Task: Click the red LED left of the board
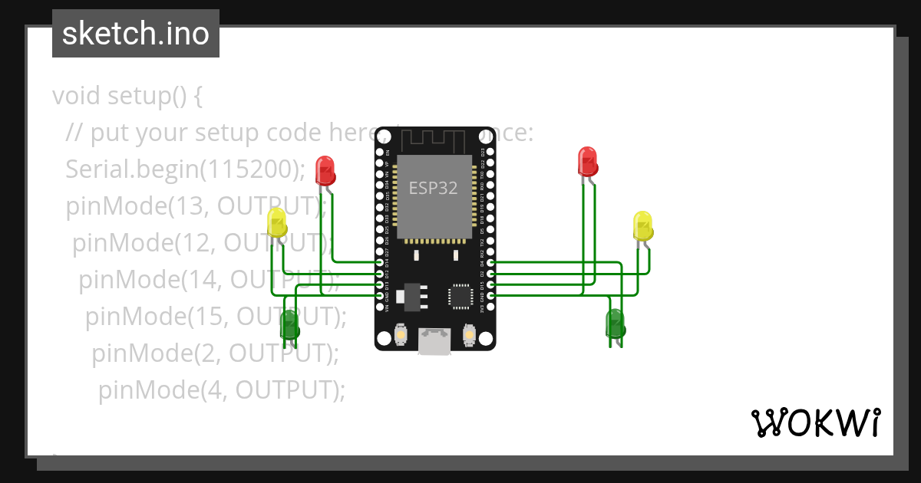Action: pos(325,170)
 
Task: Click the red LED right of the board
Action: pos(588,161)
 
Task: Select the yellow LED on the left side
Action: pos(277,222)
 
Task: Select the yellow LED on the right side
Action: pos(643,226)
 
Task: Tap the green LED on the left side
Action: pos(289,325)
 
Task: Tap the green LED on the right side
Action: pos(616,324)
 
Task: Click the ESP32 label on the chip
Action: pos(434,189)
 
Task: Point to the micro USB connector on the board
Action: pos(434,342)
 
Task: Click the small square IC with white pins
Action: pos(461,295)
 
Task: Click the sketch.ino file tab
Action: pos(136,34)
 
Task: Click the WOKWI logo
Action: pos(815,422)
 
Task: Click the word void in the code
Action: pos(77,97)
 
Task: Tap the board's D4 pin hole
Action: pos(490,262)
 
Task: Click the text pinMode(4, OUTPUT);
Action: pos(222,389)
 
